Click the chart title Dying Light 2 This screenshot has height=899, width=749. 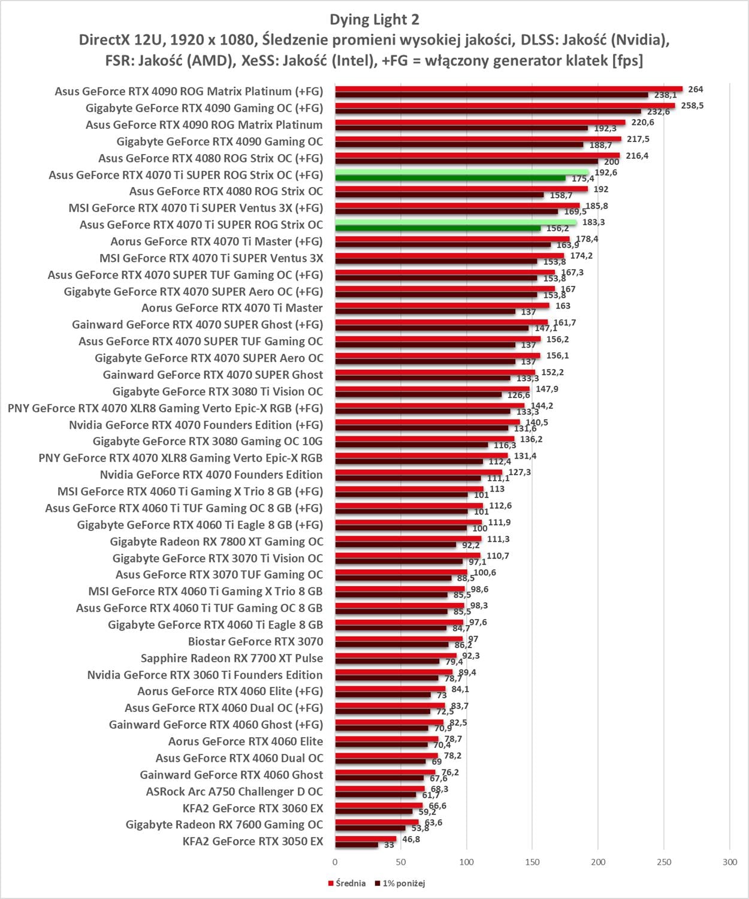[x=374, y=20]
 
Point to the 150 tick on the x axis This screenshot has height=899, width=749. [x=532, y=862]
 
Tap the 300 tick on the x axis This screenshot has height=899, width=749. [x=729, y=862]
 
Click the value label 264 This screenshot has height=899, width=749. [x=695, y=89]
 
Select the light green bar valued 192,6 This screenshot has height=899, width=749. [x=462, y=172]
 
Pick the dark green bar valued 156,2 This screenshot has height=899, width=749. [x=437, y=228]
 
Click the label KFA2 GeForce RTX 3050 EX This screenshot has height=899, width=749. [x=252, y=841]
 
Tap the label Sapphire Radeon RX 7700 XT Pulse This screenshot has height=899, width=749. [x=231, y=658]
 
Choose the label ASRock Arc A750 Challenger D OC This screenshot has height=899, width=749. [x=234, y=792]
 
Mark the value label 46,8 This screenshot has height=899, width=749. [x=411, y=839]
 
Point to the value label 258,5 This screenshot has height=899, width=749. [x=692, y=105]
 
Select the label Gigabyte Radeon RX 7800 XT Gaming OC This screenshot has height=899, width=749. [x=216, y=542]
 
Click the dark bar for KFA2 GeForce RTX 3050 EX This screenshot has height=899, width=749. [x=357, y=844]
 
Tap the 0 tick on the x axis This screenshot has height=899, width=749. [x=335, y=862]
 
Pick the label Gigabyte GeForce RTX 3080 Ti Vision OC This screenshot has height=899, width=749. [x=218, y=391]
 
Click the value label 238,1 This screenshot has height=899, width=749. [x=665, y=95]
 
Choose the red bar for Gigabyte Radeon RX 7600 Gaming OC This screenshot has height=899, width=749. [x=377, y=822]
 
